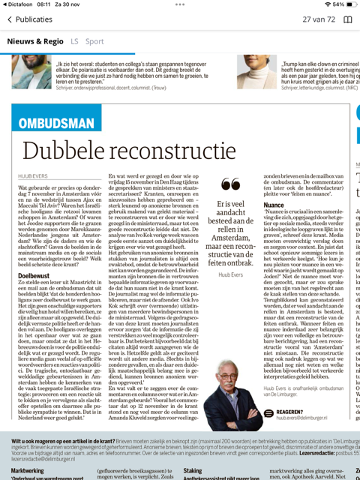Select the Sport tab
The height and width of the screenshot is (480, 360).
[94, 41]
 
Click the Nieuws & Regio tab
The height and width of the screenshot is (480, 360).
[37, 41]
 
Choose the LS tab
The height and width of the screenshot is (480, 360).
[74, 41]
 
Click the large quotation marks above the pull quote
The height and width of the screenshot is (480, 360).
[232, 184]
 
